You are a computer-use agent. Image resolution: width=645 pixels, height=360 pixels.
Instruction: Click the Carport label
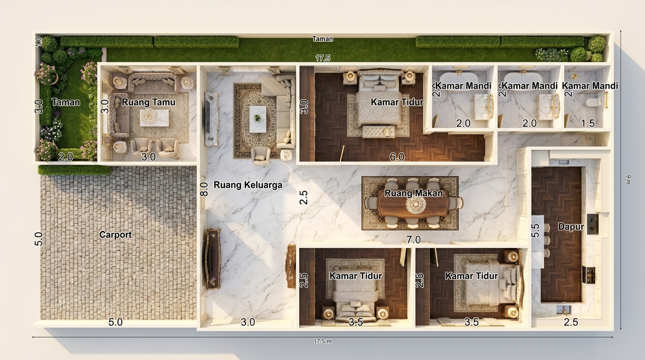pyautogui.click(x=115, y=235)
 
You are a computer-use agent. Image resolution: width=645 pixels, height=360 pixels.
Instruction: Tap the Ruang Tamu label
pyautogui.click(x=148, y=102)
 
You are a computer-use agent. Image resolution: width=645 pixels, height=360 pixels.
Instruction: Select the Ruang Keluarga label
pyautogui.click(x=248, y=185)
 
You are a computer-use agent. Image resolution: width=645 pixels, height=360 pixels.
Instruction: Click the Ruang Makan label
pyautogui.click(x=413, y=193)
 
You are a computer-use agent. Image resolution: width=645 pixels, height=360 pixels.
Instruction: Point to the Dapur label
pyautogui.click(x=571, y=227)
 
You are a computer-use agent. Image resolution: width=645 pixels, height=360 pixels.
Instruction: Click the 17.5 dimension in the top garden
pyautogui.click(x=322, y=58)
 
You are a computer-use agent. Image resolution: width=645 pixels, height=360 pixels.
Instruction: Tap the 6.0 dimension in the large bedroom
pyautogui.click(x=397, y=157)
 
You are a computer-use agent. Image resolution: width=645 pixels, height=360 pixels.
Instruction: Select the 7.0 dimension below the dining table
pyautogui.click(x=413, y=240)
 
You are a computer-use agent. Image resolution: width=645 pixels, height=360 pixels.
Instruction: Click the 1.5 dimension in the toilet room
pyautogui.click(x=587, y=123)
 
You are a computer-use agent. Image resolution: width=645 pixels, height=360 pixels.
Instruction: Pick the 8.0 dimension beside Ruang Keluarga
pyautogui.click(x=204, y=189)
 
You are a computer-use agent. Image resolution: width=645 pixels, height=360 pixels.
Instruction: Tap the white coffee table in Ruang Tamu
pyautogui.click(x=154, y=118)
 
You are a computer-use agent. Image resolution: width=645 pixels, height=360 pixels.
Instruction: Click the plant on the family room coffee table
pyautogui.click(x=257, y=117)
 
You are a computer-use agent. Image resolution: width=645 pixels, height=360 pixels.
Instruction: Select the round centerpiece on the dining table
pyautogui.click(x=415, y=205)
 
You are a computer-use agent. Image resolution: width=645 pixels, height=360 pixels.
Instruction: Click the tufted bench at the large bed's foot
pyautogui.click(x=379, y=132)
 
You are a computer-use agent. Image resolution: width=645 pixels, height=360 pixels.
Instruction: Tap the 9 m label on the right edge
pyautogui.click(x=629, y=180)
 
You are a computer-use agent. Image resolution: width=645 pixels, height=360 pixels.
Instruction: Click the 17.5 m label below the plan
pyautogui.click(x=322, y=341)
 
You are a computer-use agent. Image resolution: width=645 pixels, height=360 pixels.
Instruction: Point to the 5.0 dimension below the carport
pyautogui.click(x=115, y=322)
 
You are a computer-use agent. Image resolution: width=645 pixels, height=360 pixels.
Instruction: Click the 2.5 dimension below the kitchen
pyautogui.click(x=571, y=322)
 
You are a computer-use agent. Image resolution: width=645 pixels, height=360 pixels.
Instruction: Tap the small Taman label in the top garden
pyautogui.click(x=322, y=39)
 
